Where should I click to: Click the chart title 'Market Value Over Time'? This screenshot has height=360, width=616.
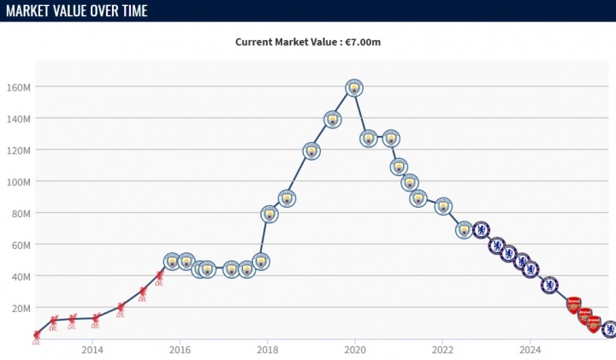click(x=75, y=11)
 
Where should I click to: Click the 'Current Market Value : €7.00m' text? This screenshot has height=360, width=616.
click(x=308, y=41)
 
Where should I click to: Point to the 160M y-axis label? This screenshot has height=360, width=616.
click(x=20, y=87)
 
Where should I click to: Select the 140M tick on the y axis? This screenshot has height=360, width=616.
click(x=20, y=119)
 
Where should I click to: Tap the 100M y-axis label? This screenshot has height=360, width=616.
click(x=20, y=182)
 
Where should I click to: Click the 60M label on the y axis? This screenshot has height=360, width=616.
click(x=22, y=245)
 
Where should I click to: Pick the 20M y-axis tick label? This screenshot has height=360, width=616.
click(x=22, y=308)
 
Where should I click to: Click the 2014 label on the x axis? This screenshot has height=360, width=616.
click(x=92, y=349)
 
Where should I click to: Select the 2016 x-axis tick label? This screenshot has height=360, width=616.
click(x=180, y=349)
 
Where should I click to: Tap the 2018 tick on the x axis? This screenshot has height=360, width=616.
click(x=268, y=349)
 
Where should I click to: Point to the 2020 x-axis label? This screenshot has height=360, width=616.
click(x=355, y=349)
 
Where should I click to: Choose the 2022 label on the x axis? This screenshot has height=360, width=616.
click(x=442, y=349)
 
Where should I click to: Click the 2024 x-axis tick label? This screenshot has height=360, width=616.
click(x=530, y=349)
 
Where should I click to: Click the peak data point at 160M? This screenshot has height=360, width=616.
click(x=354, y=87)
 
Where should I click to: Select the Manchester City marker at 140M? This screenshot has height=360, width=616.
click(x=333, y=119)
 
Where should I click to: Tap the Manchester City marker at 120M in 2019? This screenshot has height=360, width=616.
click(x=311, y=151)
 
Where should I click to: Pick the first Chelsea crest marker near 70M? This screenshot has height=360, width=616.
click(x=481, y=230)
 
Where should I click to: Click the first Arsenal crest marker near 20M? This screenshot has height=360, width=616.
click(x=573, y=304)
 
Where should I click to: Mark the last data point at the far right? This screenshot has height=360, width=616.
click(x=609, y=328)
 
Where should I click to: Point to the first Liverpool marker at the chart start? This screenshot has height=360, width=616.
click(x=36, y=336)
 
